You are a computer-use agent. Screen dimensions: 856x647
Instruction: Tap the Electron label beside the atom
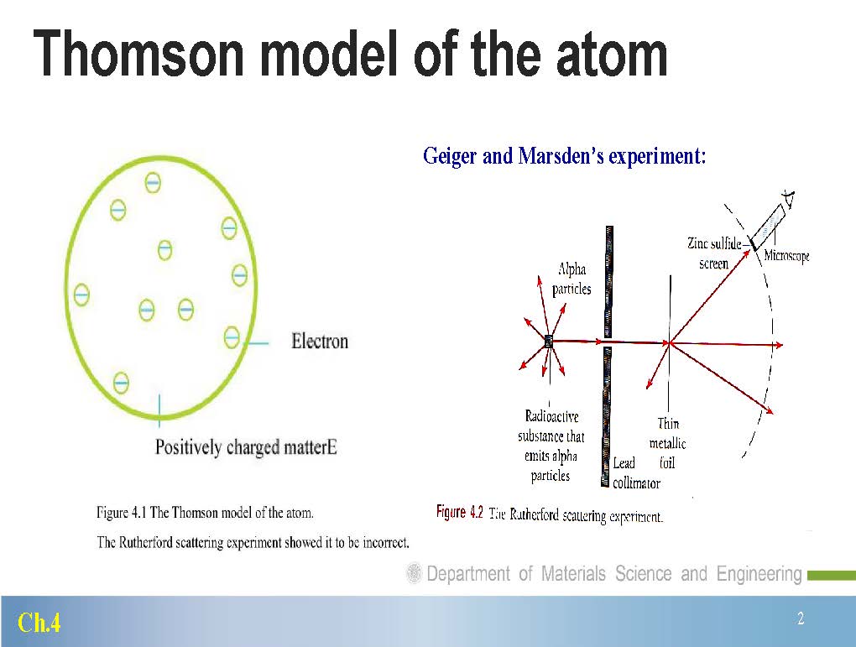click(x=320, y=342)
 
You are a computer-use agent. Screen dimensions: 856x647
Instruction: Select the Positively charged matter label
click(x=246, y=447)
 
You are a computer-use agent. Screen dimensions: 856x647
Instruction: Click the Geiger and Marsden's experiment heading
click(x=565, y=156)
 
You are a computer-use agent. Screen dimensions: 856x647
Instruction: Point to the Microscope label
click(x=786, y=255)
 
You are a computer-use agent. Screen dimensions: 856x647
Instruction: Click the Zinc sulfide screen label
click(x=714, y=253)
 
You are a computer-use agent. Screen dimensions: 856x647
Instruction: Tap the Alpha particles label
click(x=572, y=279)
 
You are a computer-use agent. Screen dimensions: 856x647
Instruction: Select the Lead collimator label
click(x=636, y=472)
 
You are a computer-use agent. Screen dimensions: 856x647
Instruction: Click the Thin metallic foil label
click(x=667, y=443)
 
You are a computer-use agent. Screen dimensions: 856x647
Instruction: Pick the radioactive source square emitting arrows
click(x=549, y=342)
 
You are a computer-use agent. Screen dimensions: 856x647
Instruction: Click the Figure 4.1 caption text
click(x=206, y=513)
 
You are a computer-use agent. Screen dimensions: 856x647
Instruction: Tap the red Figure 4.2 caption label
click(x=459, y=512)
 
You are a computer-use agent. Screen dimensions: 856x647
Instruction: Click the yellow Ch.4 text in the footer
click(x=39, y=623)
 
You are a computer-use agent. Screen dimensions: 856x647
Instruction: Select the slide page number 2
click(x=801, y=618)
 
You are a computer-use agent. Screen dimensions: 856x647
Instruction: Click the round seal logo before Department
click(x=414, y=573)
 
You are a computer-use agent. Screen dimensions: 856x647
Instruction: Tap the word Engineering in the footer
click(x=759, y=574)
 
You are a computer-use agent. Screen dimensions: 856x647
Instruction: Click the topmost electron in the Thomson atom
click(x=153, y=182)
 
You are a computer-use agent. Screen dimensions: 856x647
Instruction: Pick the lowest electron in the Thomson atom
click(x=121, y=382)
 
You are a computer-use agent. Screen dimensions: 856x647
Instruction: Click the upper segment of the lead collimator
click(x=608, y=282)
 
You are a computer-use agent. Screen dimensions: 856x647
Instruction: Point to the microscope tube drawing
click(x=769, y=225)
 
